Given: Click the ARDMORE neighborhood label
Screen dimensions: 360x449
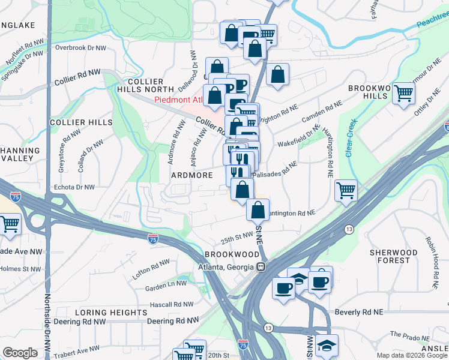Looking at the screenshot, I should coord(192,175).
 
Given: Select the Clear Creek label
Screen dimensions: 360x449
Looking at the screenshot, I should coord(351,137).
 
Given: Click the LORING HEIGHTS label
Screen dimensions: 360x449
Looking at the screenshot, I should coord(111,313).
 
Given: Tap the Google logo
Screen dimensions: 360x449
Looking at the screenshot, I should coord(20,353).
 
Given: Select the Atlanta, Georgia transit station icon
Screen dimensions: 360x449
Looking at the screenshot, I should coord(261,268).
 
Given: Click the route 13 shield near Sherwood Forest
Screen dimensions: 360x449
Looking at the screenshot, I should coord(349,229).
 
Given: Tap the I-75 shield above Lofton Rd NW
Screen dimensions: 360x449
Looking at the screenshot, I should coord(153,239).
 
